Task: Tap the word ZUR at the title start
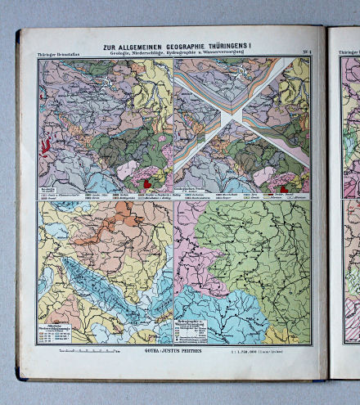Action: pos(110,47)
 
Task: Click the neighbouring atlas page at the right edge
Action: pos(348,205)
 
